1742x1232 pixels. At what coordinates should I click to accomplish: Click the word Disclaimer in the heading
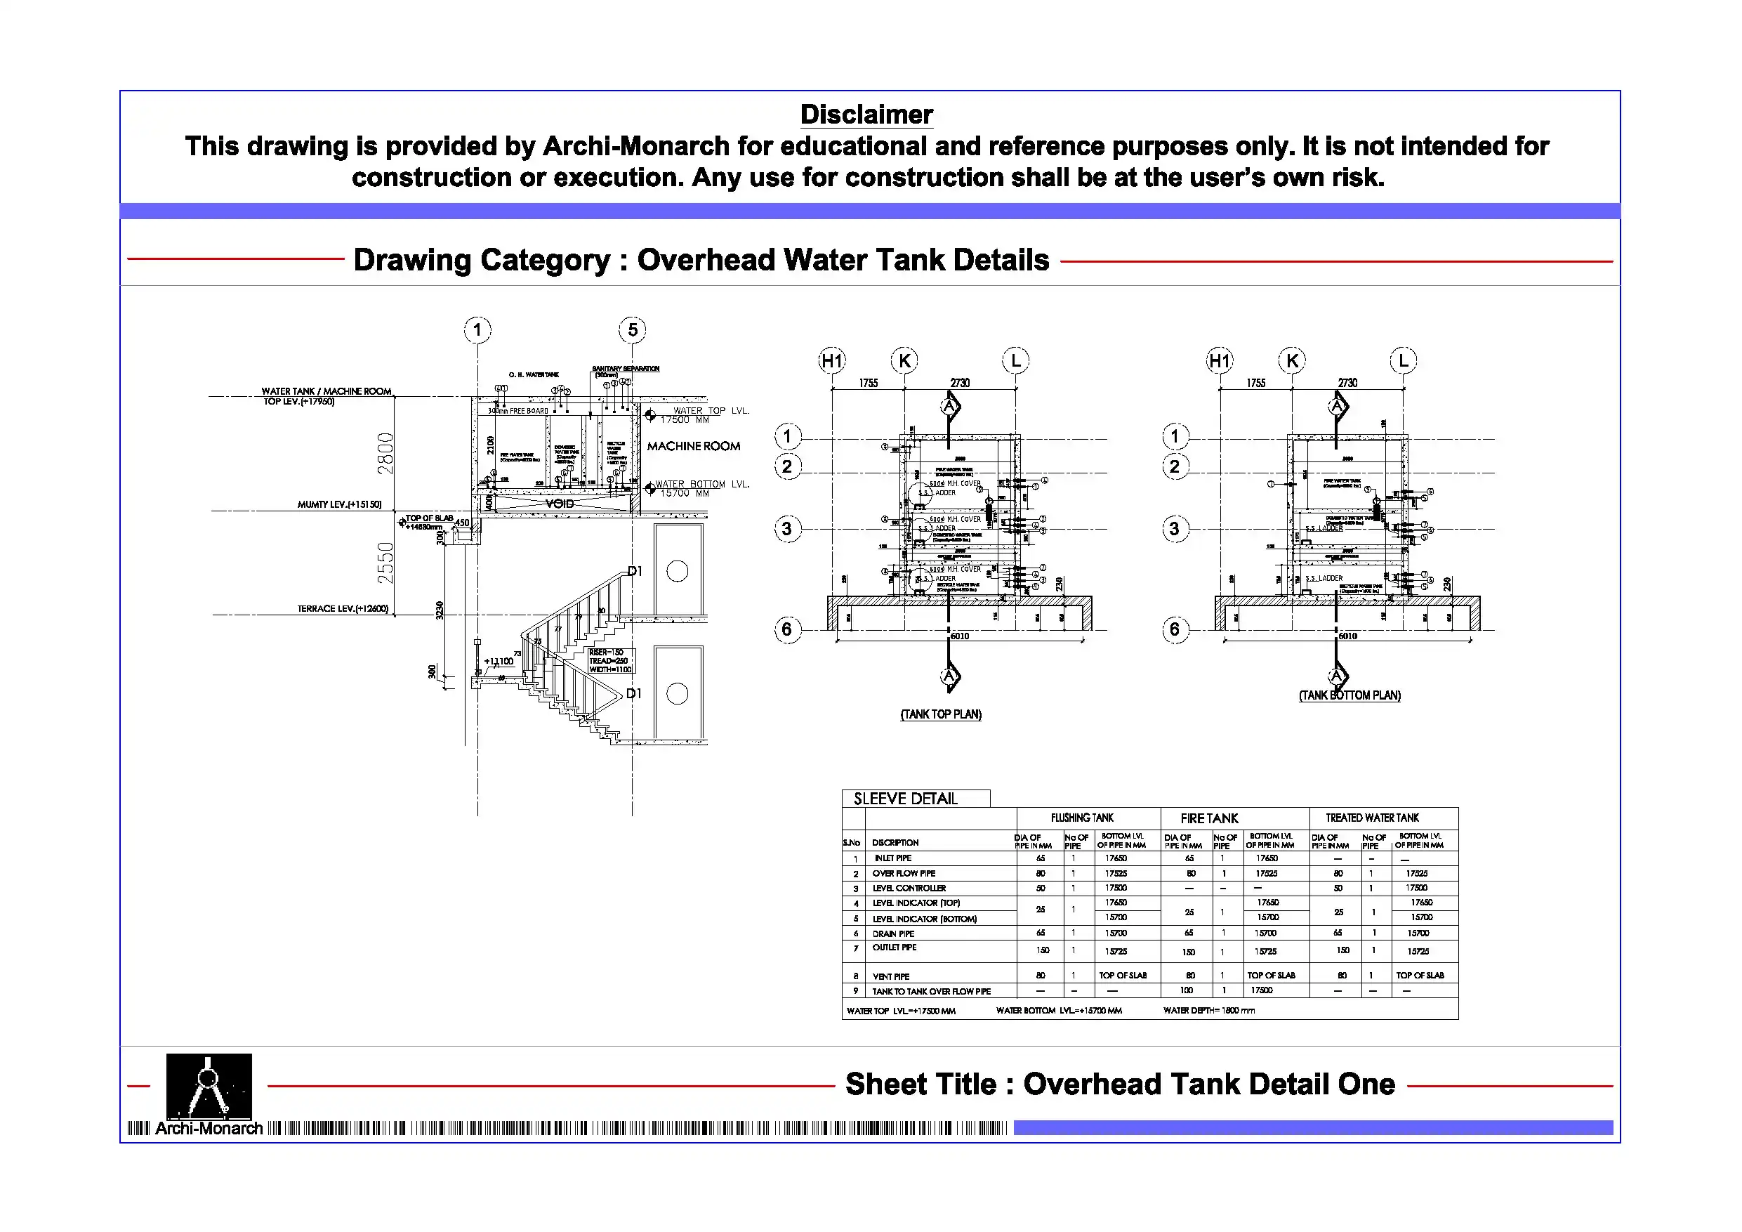tap(866, 114)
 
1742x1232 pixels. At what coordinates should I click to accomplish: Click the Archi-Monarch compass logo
tap(209, 1085)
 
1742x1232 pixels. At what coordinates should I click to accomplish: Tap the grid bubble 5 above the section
tap(632, 329)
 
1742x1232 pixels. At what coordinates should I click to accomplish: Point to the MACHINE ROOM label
tap(693, 446)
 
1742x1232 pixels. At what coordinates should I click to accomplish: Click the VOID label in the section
tap(559, 504)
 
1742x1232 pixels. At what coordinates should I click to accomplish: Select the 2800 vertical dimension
tap(385, 453)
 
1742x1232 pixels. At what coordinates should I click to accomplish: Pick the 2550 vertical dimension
tap(385, 563)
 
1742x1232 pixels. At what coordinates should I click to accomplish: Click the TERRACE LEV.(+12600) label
tap(342, 609)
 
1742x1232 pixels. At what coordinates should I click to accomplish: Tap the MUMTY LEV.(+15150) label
tap(339, 505)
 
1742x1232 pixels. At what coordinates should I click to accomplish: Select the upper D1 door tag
tap(635, 572)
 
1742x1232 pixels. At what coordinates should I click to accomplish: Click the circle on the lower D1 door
tap(677, 693)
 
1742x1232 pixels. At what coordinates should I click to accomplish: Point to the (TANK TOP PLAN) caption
tap(940, 714)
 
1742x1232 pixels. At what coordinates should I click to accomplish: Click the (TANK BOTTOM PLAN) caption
tap(1349, 695)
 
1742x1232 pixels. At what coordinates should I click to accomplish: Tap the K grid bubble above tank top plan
tap(904, 360)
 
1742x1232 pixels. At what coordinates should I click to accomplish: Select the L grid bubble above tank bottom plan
tap(1403, 360)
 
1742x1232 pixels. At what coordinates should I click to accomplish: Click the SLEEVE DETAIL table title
tap(905, 799)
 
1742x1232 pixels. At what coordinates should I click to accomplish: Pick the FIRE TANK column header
tap(1208, 818)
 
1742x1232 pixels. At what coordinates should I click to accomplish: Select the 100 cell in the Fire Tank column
tap(1187, 990)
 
